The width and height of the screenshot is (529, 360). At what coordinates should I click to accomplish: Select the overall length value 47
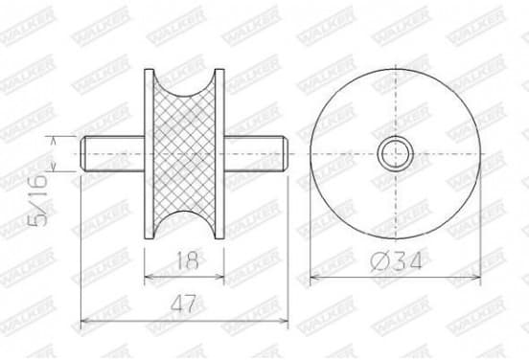(183, 304)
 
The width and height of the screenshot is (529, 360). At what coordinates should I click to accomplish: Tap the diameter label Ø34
(396, 261)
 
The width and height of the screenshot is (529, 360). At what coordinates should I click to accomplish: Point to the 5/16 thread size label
(37, 200)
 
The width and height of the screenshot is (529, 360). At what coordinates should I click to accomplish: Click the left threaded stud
(113, 154)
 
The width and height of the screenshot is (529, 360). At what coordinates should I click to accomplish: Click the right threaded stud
(256, 154)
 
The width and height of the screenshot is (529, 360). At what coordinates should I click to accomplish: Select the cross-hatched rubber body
(184, 154)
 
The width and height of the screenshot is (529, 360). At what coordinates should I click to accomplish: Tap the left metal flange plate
(149, 154)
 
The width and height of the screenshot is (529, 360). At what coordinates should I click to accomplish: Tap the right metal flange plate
(219, 154)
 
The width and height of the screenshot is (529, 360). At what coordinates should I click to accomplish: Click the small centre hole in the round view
(396, 154)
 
